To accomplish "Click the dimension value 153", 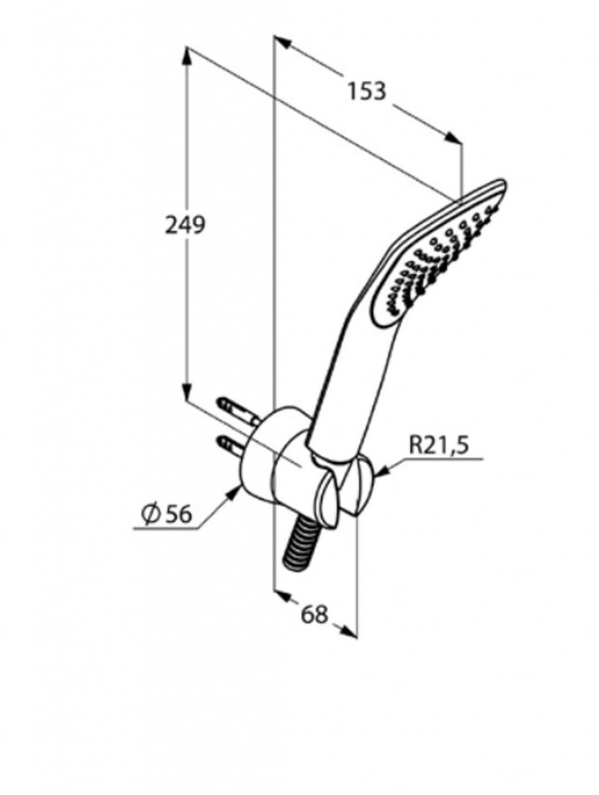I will click(365, 91).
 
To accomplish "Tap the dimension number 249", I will click(185, 225).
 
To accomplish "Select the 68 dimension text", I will click(313, 614).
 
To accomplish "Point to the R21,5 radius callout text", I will click(439, 446).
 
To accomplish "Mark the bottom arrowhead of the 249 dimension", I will click(187, 393).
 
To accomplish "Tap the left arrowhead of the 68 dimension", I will click(282, 596).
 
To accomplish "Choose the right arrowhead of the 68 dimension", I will click(350, 632).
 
